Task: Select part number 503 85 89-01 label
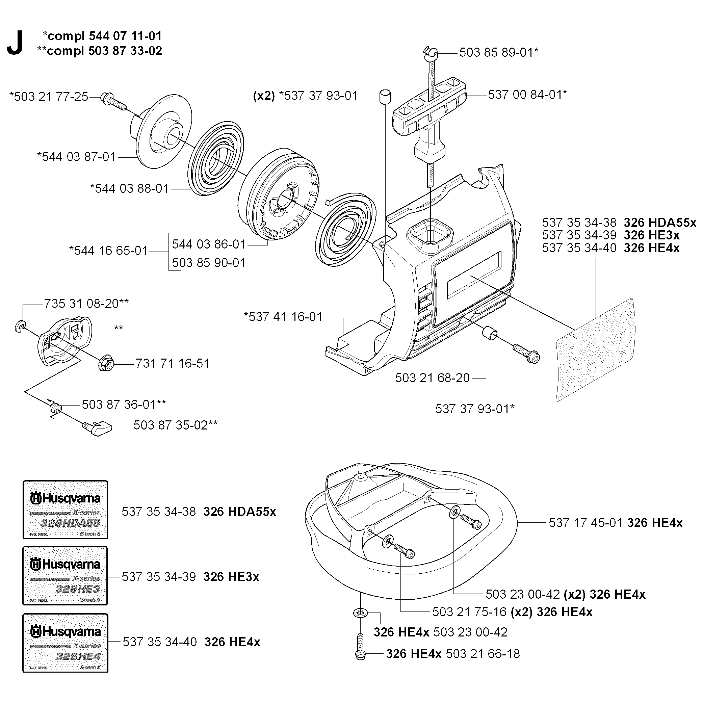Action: (498, 52)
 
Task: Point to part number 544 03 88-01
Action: (130, 188)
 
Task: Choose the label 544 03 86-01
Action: (209, 244)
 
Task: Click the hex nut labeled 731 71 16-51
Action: (107, 363)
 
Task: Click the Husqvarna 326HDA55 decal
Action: (66, 510)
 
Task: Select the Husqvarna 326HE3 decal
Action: (66, 575)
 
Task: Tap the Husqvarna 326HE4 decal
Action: (66, 643)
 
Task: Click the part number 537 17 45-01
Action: (587, 523)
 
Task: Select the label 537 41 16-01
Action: (283, 317)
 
